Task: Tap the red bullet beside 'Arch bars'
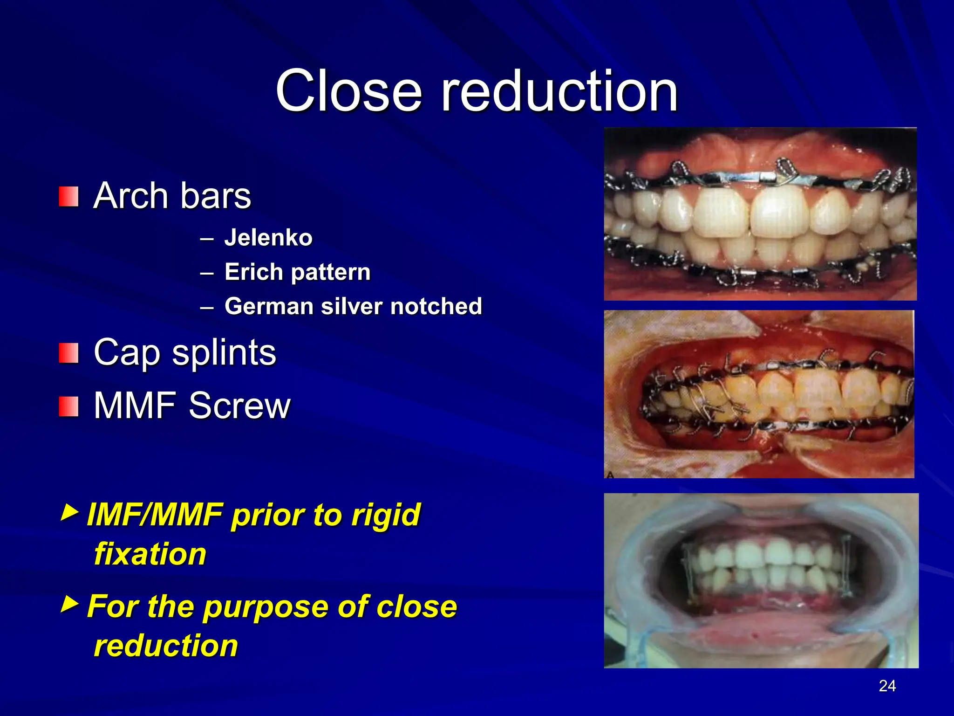coord(68,197)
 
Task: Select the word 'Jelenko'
coord(268,238)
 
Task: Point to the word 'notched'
coord(436,306)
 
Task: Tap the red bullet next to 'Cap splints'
coord(68,353)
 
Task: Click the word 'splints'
coord(224,353)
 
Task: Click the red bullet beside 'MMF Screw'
coord(68,406)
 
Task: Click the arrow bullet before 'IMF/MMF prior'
coord(69,512)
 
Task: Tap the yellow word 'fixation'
coord(150,554)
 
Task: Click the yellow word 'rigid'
coord(386,515)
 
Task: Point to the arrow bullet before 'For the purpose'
coord(69,604)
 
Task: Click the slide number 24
coord(887,686)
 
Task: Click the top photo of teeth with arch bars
coord(760,214)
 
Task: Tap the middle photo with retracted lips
coord(759,394)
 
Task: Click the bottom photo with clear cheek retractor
coord(761,580)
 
